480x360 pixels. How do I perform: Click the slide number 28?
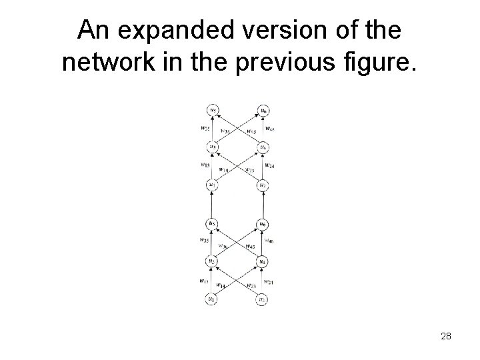(446, 337)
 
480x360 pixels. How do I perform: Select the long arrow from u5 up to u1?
(211, 204)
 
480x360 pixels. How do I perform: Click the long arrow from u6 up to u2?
(263, 204)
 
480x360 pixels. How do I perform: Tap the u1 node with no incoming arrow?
(211, 300)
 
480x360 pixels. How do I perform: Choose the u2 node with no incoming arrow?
(263, 300)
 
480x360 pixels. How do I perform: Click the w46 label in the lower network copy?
(269, 241)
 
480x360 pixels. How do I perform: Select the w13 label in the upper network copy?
(204, 165)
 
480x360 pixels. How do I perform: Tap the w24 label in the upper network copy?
(269, 165)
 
